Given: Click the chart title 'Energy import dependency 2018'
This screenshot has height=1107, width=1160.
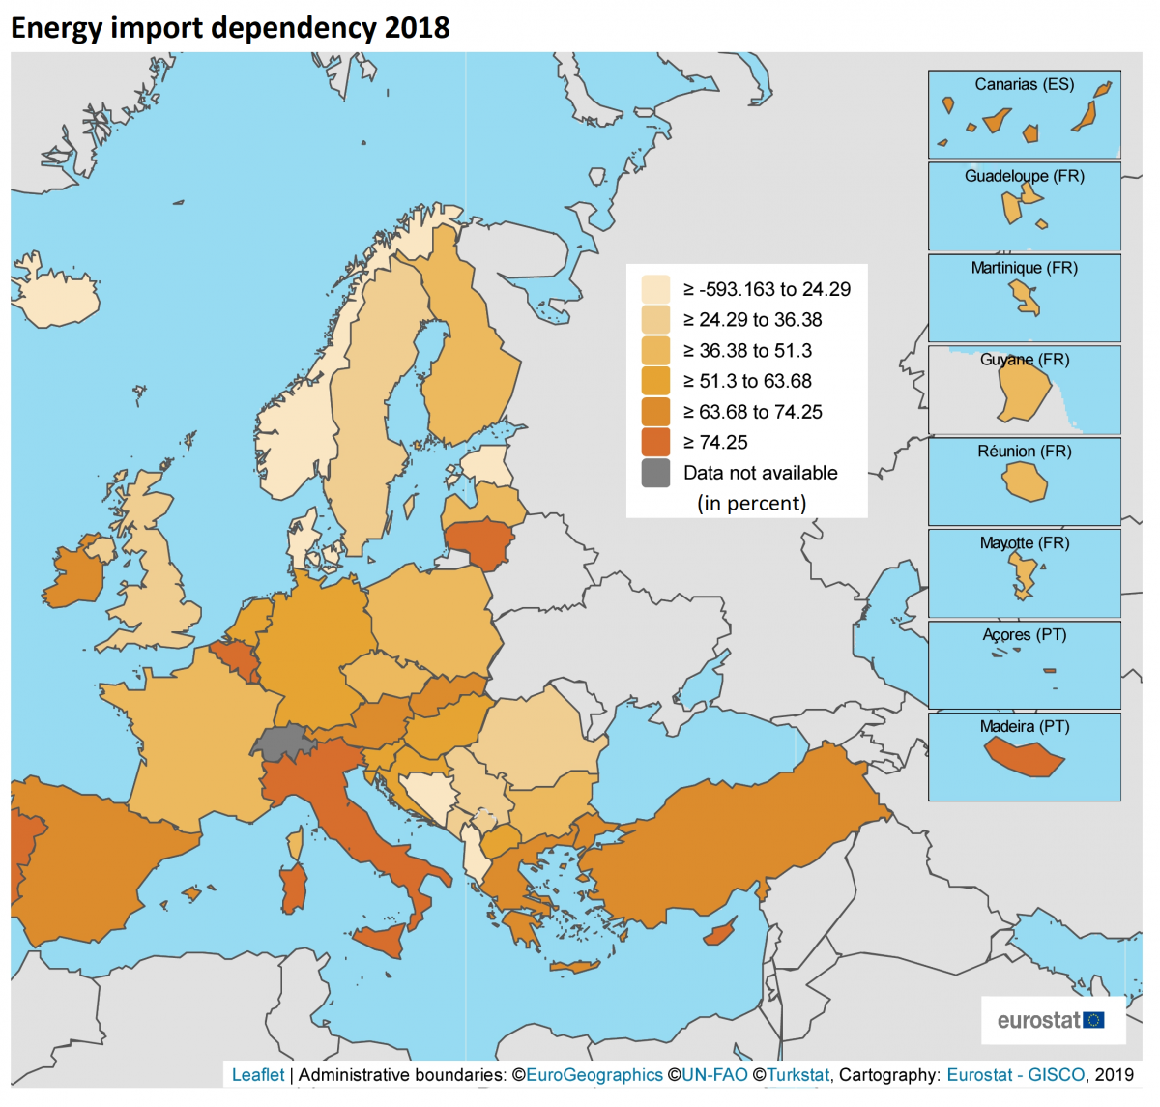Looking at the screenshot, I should point(230,27).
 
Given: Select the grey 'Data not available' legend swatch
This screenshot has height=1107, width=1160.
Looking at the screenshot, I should point(655,473).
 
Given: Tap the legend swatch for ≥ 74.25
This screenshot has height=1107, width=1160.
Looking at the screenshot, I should point(655,442).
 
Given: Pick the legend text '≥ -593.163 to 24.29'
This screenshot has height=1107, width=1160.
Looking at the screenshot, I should point(767,289).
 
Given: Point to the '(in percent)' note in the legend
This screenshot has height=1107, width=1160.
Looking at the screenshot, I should point(751,503).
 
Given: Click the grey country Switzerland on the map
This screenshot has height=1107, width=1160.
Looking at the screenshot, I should point(281,743).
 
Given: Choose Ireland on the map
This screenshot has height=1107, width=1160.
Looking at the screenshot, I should point(75,576).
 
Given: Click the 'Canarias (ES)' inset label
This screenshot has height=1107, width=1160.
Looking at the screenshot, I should point(1024,84).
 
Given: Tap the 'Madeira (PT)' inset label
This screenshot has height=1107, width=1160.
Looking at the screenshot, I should point(1024,726).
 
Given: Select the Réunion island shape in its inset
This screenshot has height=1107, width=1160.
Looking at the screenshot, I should point(1025,481).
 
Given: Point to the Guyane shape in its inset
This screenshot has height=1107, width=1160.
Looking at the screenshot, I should point(1023,392).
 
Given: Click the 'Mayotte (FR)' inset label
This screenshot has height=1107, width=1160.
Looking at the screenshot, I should point(1024,542).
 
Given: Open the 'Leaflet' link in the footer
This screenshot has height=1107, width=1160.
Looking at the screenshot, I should point(258,1074).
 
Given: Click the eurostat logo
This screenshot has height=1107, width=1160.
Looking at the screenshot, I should point(1052,1020).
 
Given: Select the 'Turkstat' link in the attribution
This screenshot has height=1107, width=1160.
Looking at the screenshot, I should point(797,1074).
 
